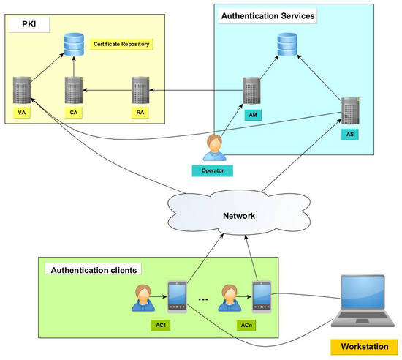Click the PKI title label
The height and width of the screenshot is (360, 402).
[29, 24]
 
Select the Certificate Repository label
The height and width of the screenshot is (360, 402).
[121, 44]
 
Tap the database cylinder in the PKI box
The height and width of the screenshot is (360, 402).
[74, 45]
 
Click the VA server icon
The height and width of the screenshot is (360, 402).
[22, 90]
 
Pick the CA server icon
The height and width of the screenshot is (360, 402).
[74, 90]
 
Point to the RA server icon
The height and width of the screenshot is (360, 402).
[140, 90]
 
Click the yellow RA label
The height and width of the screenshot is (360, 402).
[140, 113]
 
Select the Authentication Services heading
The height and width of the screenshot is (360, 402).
[268, 16]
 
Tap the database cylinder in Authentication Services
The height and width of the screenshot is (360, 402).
[287, 44]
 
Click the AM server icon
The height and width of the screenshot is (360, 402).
[251, 91]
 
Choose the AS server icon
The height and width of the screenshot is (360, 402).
[350, 110]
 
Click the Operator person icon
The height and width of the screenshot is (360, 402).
[215, 148]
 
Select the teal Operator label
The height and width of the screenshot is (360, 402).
[213, 170]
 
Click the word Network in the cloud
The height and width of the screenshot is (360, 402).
[239, 216]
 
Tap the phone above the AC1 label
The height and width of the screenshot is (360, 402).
[177, 297]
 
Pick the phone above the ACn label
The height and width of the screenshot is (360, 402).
[262, 297]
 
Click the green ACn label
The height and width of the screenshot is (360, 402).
[246, 326]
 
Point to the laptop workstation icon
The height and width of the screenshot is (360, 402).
[363, 301]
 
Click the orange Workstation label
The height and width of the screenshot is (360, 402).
[364, 347]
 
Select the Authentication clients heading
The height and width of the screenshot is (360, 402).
[94, 270]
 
